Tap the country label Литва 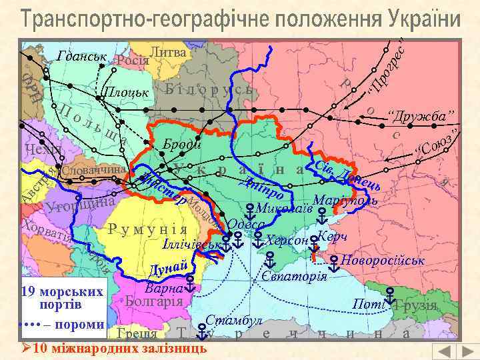click(168, 52)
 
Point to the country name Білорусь click(209, 89)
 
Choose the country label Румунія click(151, 231)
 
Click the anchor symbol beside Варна click(190, 288)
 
